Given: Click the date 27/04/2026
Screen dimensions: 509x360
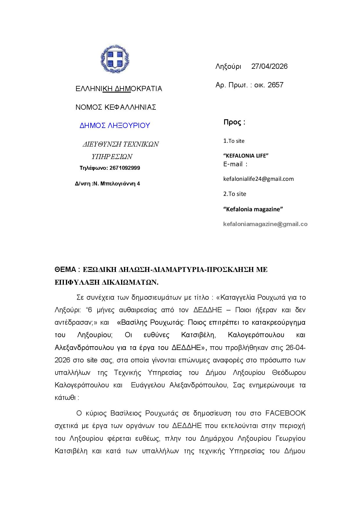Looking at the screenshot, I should [x=269, y=66].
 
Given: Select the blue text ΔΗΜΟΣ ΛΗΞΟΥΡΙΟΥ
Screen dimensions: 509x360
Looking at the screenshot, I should [x=115, y=126].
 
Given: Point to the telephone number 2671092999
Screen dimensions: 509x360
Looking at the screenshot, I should [x=124, y=168].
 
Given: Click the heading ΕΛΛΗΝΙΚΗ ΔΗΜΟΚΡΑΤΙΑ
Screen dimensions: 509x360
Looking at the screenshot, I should [x=119, y=89].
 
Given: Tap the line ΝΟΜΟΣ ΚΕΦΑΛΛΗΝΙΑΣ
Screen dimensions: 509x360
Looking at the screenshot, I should [x=116, y=107].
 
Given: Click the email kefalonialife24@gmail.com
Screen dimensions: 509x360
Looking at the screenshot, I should [x=258, y=179].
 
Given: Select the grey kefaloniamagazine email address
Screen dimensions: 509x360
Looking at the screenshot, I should [x=265, y=224].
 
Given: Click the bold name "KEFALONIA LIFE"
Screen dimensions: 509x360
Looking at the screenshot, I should [x=246, y=156].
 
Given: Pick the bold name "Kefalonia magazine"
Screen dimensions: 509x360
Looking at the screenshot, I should [x=253, y=209].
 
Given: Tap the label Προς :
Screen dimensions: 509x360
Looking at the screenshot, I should [x=234, y=122].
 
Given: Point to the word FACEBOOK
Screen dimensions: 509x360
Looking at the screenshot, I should [x=285, y=413].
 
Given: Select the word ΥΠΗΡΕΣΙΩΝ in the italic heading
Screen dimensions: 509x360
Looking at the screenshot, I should [x=112, y=157].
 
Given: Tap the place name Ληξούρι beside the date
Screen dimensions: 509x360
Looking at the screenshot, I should [x=228, y=66].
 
